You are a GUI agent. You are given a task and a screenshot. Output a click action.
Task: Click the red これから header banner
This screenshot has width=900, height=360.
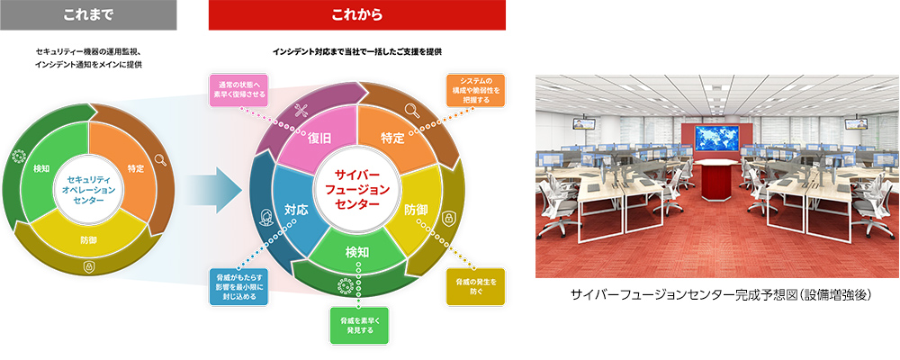pyautogui.click(x=356, y=15)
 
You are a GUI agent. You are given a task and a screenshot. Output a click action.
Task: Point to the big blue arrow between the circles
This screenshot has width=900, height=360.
pyautogui.click(x=218, y=189)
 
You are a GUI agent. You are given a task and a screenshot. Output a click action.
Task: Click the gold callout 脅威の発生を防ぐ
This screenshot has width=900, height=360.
pyautogui.click(x=474, y=285)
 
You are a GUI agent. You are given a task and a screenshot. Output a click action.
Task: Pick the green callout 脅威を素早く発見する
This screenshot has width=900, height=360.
pyautogui.click(x=358, y=325)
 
